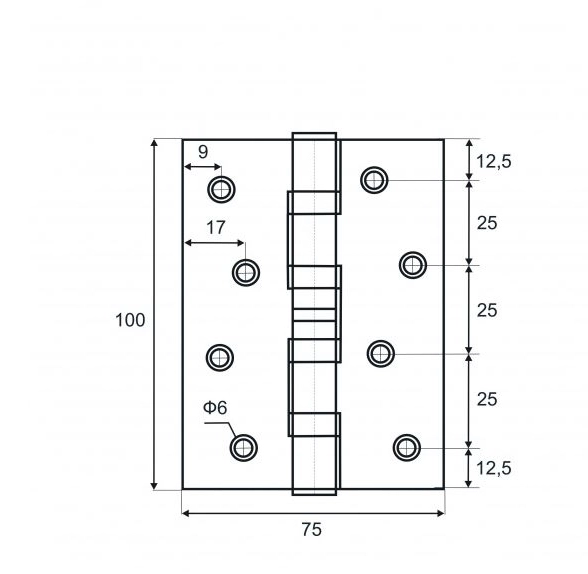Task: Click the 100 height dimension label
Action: click(x=130, y=321)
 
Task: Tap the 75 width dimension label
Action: click(x=312, y=530)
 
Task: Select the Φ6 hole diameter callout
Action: click(x=215, y=408)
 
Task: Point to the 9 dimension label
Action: click(x=202, y=152)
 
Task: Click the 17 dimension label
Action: click(x=216, y=228)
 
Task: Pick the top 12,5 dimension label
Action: click(x=494, y=162)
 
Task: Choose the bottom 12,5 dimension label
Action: click(x=494, y=468)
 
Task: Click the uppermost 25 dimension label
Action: click(x=487, y=223)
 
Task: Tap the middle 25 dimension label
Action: click(x=487, y=310)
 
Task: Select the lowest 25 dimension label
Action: click(x=487, y=399)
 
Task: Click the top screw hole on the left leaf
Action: click(x=221, y=189)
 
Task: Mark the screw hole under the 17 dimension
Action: click(x=246, y=273)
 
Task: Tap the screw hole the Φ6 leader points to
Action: click(x=243, y=448)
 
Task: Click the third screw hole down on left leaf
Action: click(x=220, y=358)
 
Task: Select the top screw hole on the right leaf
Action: click(x=374, y=180)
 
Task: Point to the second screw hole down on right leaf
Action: click(x=412, y=265)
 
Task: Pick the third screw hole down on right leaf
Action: click(x=381, y=354)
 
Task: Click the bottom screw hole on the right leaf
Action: click(x=407, y=448)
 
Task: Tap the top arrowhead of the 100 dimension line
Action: click(x=154, y=143)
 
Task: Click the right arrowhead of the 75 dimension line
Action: click(x=441, y=513)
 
